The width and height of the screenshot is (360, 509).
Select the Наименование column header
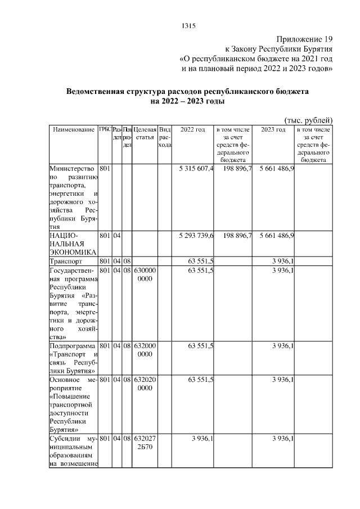[x=73, y=130]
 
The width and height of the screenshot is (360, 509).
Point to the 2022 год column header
[x=193, y=130]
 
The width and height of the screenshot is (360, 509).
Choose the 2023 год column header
[x=273, y=130]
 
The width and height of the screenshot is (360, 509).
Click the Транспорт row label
[x=66, y=262]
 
